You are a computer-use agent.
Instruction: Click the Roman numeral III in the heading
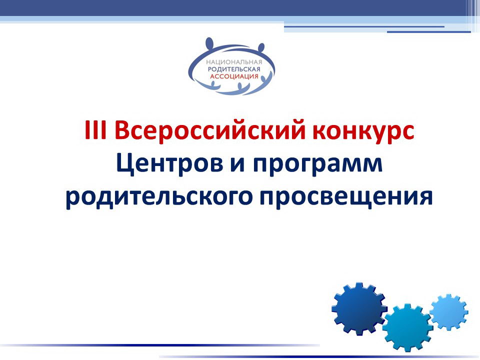[x=95, y=130]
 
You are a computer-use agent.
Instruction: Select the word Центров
[x=169, y=164]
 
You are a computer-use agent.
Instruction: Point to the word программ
[x=318, y=166]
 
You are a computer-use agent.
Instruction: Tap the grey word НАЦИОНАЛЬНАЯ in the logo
[x=234, y=62]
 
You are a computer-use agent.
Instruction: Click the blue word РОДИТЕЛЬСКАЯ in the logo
[x=234, y=69]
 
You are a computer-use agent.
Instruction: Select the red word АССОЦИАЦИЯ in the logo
[x=234, y=76]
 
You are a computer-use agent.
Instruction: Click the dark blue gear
[x=359, y=308]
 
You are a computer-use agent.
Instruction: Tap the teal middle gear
[x=407, y=327]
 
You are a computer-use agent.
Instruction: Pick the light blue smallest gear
[x=449, y=312]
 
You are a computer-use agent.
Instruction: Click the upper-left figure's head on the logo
[x=209, y=42]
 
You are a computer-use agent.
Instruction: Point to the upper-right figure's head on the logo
[x=261, y=48]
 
